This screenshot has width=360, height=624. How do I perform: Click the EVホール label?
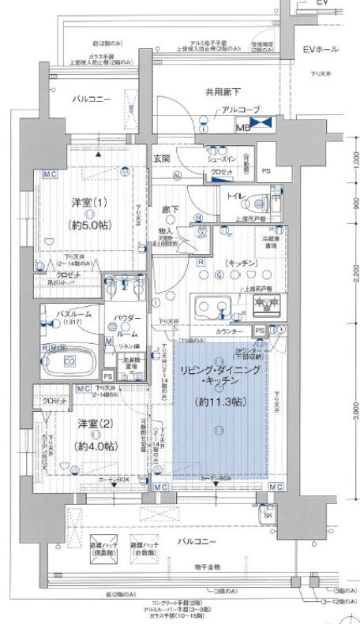(321, 50)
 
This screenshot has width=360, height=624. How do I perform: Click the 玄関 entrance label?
(162, 159)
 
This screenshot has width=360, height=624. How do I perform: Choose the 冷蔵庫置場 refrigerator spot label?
(272, 241)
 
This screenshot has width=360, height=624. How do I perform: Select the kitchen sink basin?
(211, 304)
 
